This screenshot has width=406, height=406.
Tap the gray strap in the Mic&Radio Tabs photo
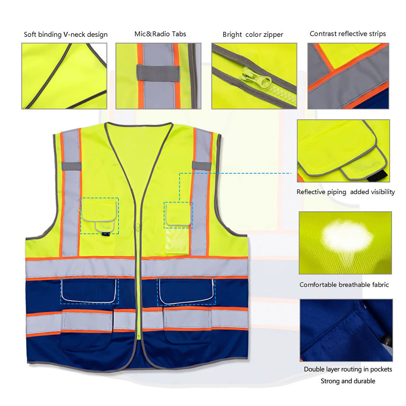click(153, 71)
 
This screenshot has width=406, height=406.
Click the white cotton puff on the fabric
click(346, 235)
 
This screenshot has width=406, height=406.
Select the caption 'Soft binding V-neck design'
click(66, 34)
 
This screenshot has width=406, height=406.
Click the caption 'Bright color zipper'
click(253, 34)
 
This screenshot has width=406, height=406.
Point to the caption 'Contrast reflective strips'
click(348, 33)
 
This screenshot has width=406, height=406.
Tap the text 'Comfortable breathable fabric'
click(344, 285)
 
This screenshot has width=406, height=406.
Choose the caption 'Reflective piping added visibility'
click(346, 192)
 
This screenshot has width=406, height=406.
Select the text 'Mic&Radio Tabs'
click(160, 34)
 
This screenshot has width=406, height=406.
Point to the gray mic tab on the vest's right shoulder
click(201, 165)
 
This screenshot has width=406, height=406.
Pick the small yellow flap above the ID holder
click(178, 214)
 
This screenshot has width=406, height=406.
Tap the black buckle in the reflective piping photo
click(384, 174)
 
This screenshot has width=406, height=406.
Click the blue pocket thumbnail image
click(346, 330)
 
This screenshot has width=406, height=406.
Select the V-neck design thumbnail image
click(64, 76)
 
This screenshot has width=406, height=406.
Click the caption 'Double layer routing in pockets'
click(348, 369)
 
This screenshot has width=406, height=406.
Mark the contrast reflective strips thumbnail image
click(348, 76)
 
